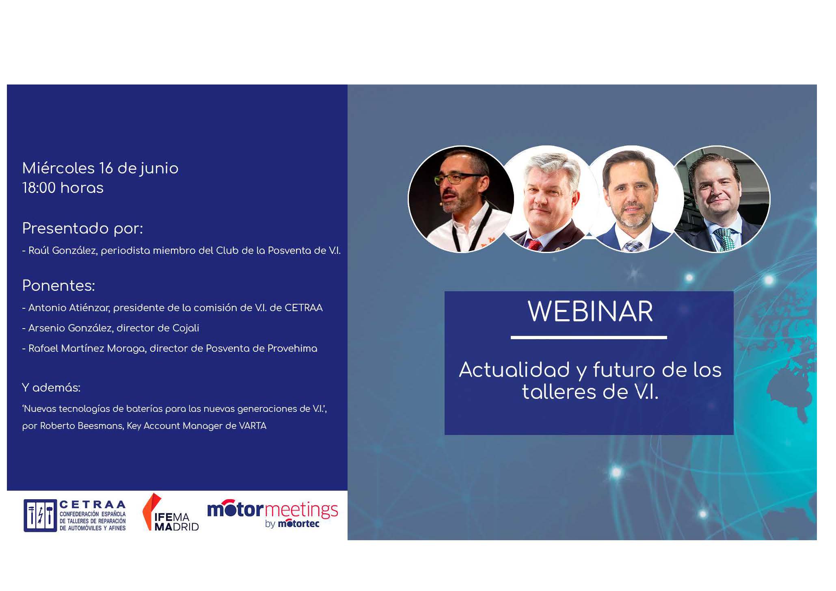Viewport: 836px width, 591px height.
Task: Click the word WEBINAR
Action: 590,312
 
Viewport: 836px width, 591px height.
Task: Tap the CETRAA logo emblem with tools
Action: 40,515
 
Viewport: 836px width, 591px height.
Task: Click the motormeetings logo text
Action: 272,510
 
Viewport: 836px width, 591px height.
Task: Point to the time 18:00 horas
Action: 63,188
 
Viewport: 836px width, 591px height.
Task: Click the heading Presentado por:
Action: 82,229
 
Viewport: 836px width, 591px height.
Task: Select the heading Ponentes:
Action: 58,286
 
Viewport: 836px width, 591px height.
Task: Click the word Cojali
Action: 186,328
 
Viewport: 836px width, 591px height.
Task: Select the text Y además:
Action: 51,388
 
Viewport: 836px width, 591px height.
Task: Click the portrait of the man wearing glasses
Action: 461,199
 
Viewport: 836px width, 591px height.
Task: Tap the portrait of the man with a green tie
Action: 722,199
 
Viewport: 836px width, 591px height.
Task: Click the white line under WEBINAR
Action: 589,337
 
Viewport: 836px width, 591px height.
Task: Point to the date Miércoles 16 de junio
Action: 100,168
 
